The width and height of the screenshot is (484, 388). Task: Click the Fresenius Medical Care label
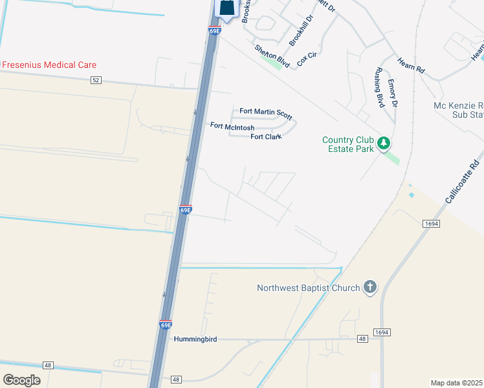49,65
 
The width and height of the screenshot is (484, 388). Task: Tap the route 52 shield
96,80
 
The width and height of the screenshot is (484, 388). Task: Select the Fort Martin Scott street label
265,112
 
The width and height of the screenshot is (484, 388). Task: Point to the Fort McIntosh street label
232,127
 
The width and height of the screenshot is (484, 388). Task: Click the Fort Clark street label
265,136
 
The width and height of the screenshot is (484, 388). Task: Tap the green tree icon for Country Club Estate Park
384,142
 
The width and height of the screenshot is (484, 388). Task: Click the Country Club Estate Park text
348,145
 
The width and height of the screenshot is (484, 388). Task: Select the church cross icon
369,287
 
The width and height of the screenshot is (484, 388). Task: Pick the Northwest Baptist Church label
308,288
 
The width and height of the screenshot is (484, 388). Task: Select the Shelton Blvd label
272,57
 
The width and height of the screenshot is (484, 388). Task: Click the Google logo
21,380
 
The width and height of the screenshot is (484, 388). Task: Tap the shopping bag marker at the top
227,8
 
